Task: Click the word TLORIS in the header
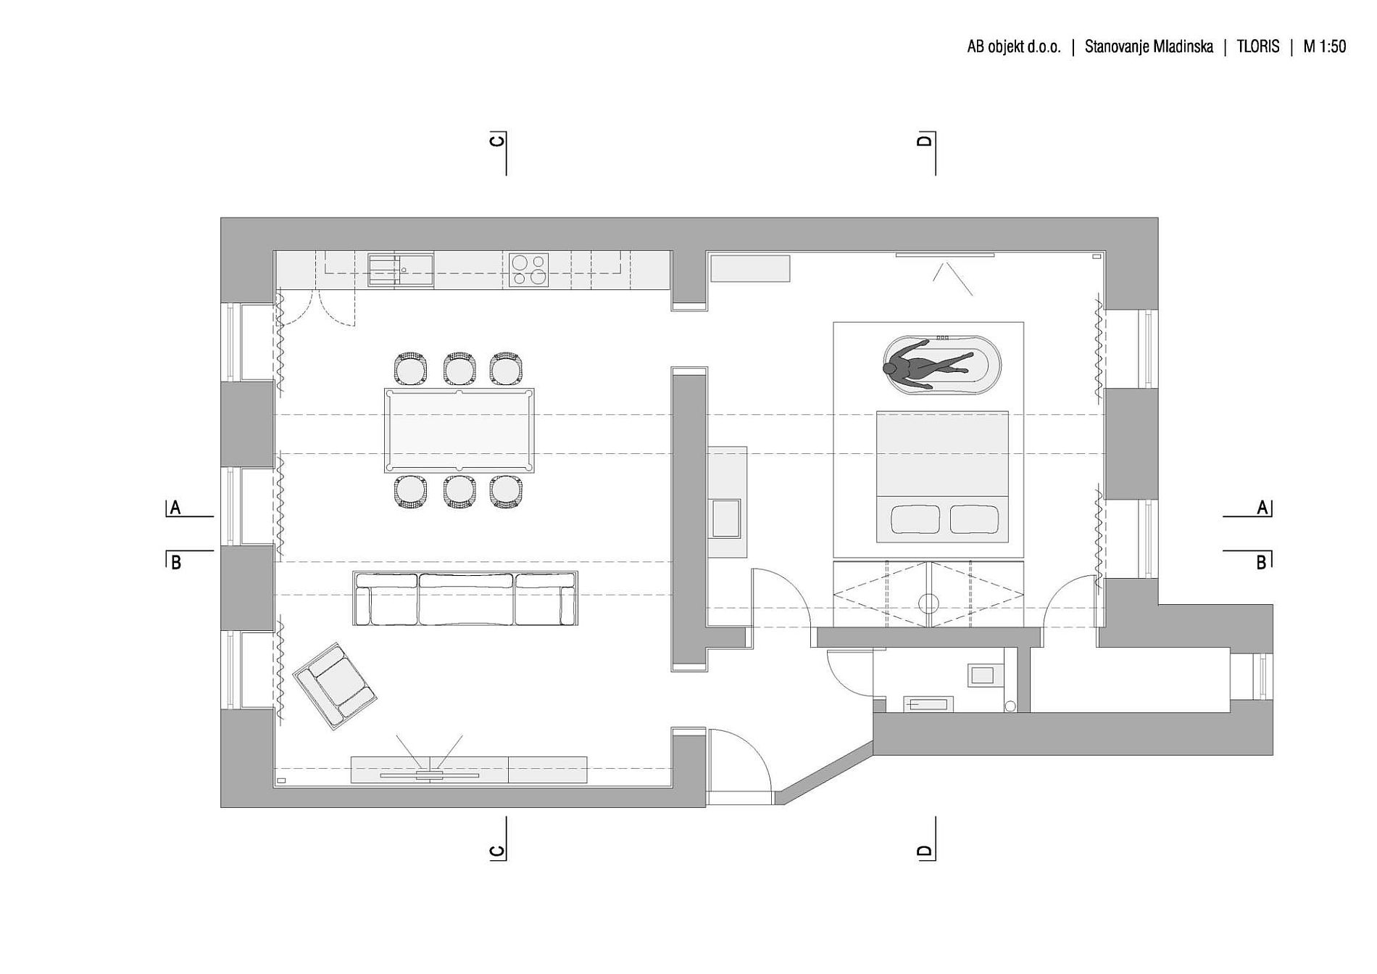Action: point(1258,46)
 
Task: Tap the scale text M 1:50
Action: point(1324,46)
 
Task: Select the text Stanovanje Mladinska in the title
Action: point(1149,46)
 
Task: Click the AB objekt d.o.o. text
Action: point(1014,46)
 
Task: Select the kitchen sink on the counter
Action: point(400,270)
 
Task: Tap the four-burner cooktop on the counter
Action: point(528,270)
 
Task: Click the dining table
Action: point(459,430)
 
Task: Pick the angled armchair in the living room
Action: point(335,685)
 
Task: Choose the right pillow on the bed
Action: point(974,519)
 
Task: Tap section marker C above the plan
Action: point(498,139)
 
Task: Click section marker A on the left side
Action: point(175,508)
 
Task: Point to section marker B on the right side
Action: point(1262,561)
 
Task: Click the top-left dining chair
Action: point(410,368)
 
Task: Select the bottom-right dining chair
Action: point(506,491)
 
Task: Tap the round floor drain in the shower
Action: point(928,603)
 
